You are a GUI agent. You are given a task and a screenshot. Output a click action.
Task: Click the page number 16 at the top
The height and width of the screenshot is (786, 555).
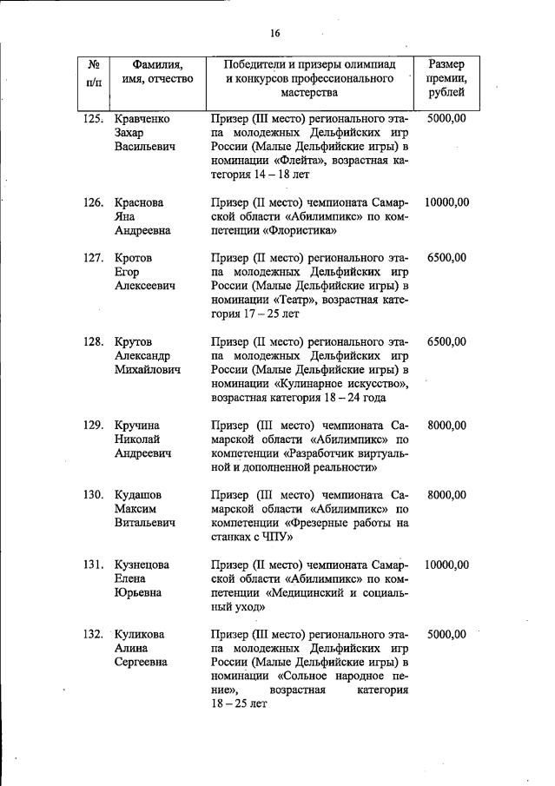point(275,33)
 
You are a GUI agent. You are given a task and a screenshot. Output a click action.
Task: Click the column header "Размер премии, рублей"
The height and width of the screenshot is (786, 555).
point(446,78)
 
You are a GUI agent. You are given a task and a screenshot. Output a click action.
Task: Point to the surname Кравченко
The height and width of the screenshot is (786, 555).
point(142,119)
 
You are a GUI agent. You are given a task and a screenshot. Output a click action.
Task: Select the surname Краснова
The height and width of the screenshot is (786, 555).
point(139,202)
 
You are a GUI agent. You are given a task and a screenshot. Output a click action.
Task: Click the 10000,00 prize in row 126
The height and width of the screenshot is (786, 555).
point(446,202)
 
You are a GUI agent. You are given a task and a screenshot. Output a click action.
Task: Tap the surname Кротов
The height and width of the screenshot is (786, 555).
point(134,257)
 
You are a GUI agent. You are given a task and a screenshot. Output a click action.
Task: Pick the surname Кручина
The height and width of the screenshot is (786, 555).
point(137,425)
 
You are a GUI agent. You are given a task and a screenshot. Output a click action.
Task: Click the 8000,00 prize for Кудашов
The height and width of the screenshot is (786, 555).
point(446,494)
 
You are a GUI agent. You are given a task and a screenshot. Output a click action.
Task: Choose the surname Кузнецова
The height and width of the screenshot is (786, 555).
point(142,565)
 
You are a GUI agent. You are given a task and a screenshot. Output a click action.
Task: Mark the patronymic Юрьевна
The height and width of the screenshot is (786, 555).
point(139,592)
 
